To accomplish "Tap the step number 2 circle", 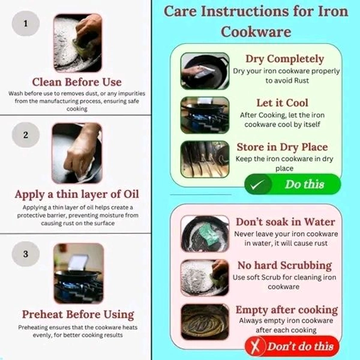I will coord(25,134).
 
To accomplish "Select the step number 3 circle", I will coord(25,254).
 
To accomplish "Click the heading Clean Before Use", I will coord(76,82).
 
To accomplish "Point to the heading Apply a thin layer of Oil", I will coord(76,194).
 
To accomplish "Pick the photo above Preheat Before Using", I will coord(78,273).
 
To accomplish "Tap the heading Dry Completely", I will coord(284,59).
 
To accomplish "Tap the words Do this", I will coord(304,184).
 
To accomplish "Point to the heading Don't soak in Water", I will coord(285,222).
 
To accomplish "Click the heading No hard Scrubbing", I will coord(284,265).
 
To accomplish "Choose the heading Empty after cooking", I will coord(286,310).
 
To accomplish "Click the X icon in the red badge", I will coord(256,347).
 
